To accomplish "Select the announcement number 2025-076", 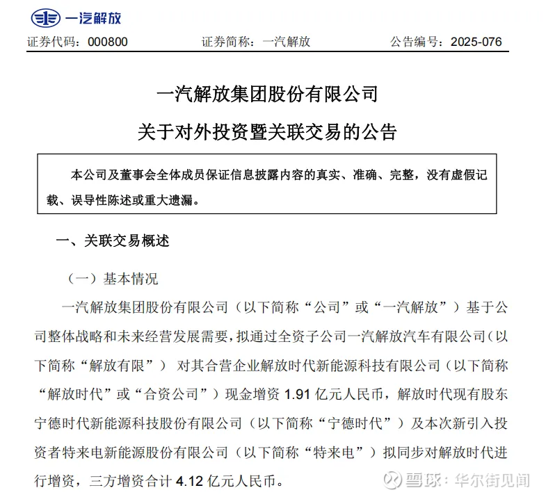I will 476,42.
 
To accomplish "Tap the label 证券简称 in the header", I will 225,42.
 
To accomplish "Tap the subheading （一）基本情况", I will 113,279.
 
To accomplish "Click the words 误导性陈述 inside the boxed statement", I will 114,199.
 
